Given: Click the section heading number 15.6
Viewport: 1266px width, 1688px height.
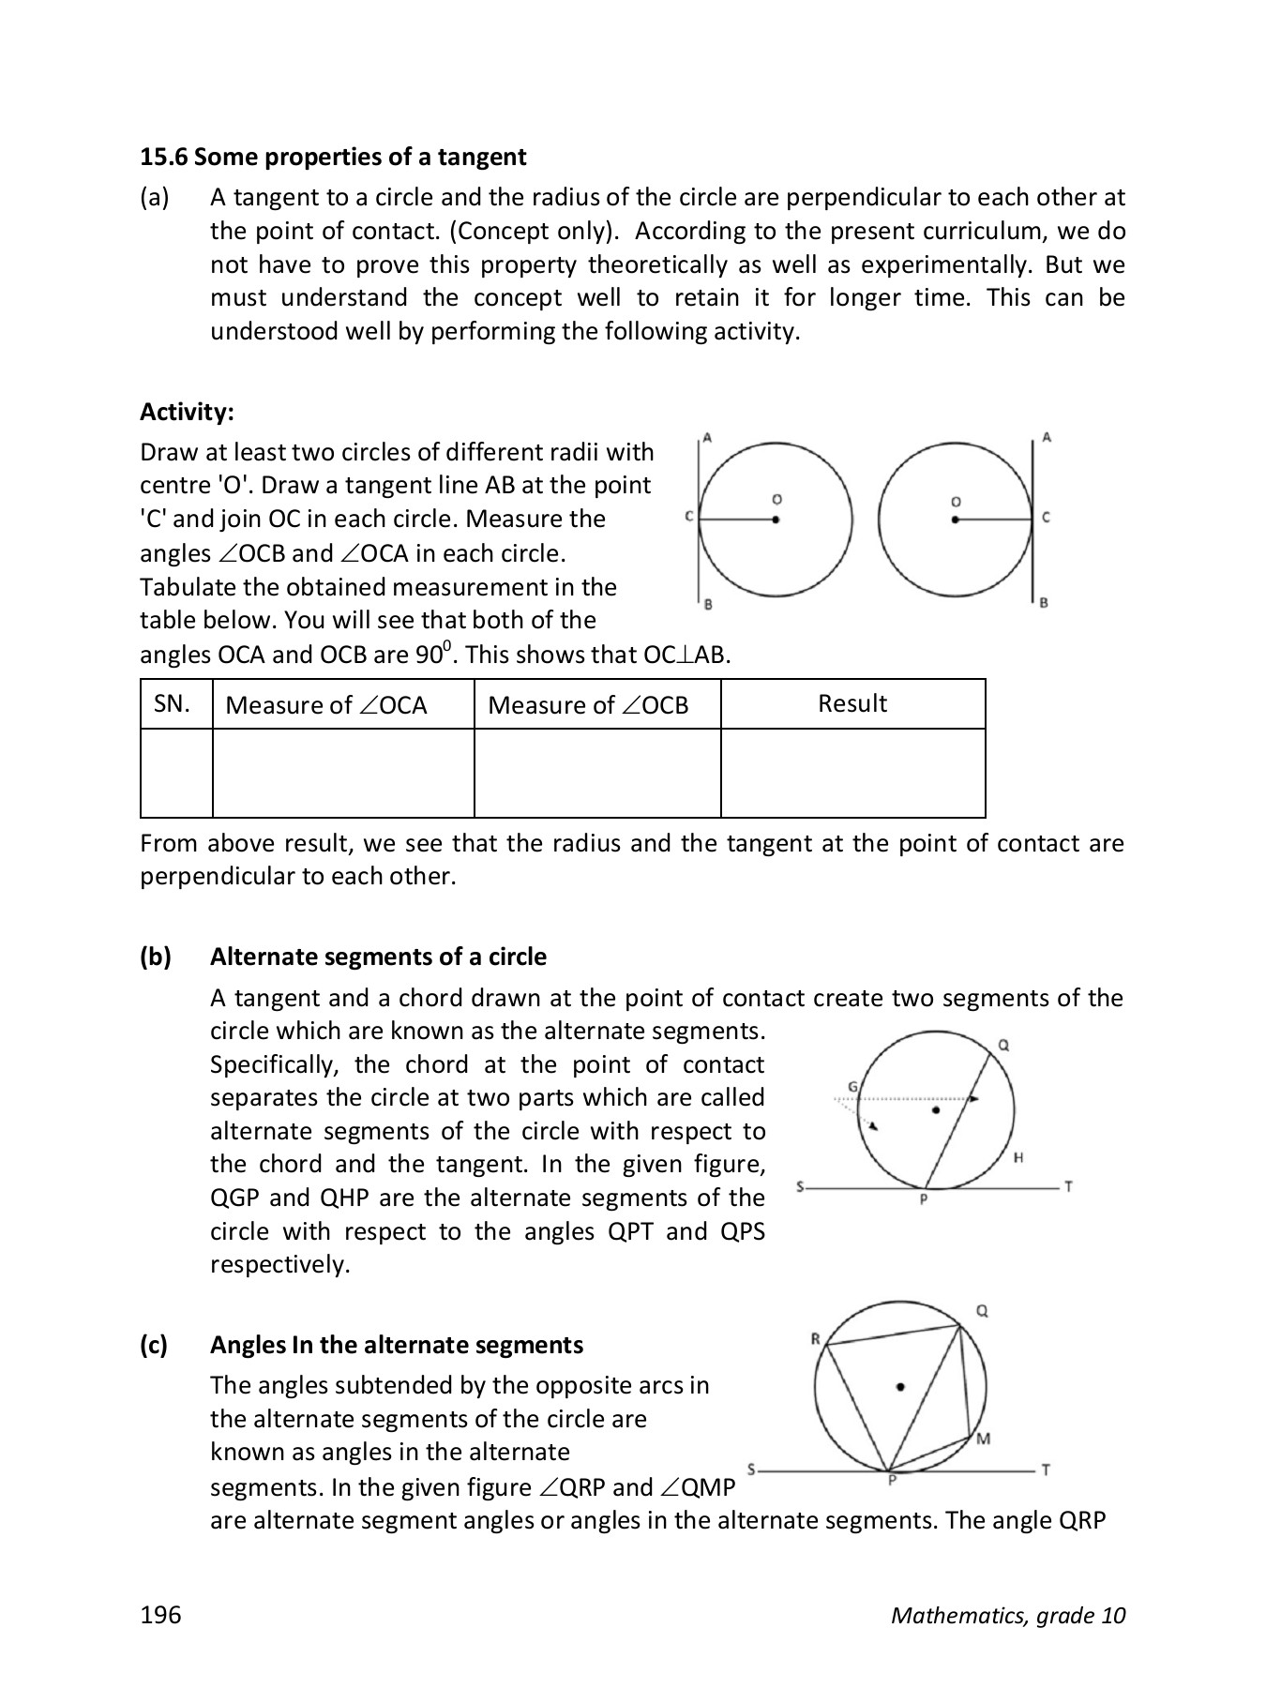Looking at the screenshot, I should coord(163,157).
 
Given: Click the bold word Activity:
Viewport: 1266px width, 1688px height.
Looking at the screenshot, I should coord(187,412).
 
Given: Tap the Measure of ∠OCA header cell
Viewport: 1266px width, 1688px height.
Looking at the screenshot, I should coord(343,704).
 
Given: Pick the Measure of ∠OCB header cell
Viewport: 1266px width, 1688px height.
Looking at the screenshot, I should coord(597,704).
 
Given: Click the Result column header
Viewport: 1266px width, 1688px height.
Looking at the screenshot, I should coord(852,704).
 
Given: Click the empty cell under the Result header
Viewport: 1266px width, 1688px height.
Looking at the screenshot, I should coord(852,773).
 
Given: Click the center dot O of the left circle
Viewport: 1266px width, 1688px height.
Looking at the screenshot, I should coord(776,519).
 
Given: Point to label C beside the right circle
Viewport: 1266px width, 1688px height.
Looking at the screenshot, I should coord(1047,518).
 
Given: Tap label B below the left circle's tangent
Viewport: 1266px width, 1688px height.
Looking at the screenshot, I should coord(708,605).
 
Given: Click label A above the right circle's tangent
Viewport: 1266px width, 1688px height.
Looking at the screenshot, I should coord(1047,437).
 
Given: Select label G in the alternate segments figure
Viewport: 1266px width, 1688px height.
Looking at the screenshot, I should coord(852,1086).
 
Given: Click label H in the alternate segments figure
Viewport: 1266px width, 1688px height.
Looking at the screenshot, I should coord(1018,1158).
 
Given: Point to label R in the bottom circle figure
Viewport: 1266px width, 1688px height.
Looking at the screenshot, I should coord(815,1338).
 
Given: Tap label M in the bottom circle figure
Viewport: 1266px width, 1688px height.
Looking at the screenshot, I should coord(982,1439).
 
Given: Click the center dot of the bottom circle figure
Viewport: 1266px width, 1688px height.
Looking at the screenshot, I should coord(900,1386).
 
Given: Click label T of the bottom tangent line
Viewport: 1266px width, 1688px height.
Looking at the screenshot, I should coord(1047,1470).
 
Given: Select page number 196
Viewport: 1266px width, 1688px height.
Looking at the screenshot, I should coord(160,1615).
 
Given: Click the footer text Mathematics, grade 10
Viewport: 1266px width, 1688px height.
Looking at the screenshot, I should coord(1008,1615).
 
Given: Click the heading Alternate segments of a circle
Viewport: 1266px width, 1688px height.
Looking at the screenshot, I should coord(378,957).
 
